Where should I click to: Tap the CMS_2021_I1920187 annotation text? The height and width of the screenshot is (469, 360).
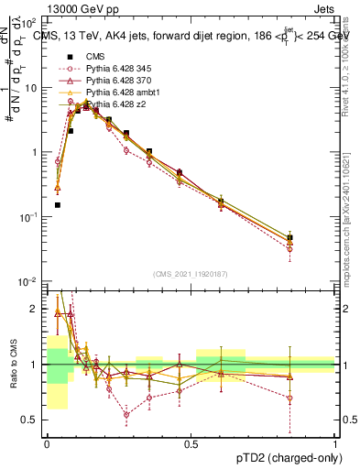(x=191, y=273)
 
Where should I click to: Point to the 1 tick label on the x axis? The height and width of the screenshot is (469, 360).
(x=335, y=444)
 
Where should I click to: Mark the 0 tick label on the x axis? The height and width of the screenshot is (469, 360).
(x=47, y=444)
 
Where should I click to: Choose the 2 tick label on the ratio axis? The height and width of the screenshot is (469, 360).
(x=36, y=310)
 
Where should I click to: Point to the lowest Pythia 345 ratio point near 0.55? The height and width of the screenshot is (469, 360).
(x=126, y=414)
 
